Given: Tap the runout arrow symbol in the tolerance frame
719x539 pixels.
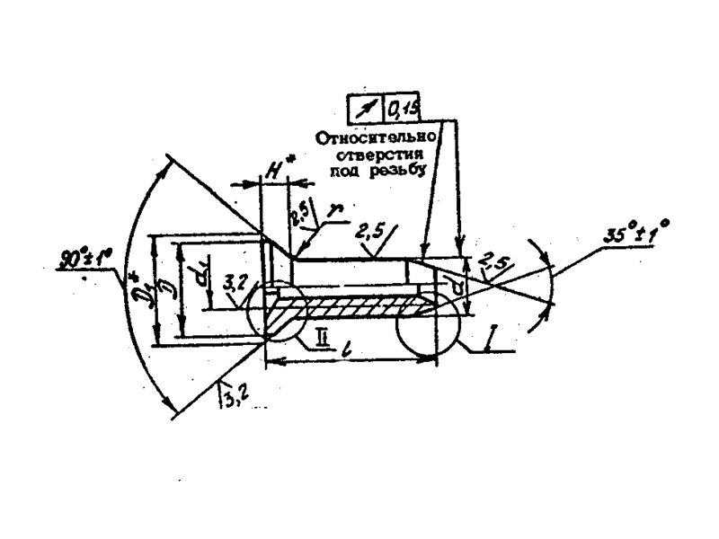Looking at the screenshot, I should point(365,109).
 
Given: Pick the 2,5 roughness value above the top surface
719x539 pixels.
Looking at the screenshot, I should point(368,233).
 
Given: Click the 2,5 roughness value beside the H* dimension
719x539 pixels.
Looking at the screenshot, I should point(297,216).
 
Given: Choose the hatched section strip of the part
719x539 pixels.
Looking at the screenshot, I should point(359,306).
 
